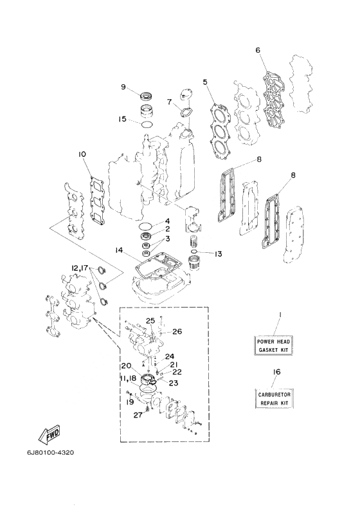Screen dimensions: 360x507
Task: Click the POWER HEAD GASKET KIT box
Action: (273, 346)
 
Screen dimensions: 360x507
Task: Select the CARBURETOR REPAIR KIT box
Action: (273, 399)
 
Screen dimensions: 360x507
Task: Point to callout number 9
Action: (123, 87)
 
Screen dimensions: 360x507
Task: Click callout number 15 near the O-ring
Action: (122, 119)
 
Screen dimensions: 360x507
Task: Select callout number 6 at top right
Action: (258, 50)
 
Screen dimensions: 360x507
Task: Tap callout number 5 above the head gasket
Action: (205, 82)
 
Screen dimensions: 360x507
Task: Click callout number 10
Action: (82, 154)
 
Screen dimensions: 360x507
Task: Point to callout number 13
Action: (218, 254)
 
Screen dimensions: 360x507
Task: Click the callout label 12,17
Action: (80, 268)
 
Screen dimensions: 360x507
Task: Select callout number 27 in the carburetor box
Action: (138, 415)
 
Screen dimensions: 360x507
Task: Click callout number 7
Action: (169, 102)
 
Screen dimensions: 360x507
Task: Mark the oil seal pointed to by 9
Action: (146, 96)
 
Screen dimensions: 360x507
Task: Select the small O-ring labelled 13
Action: (194, 252)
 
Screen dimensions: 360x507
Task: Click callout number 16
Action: (276, 372)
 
